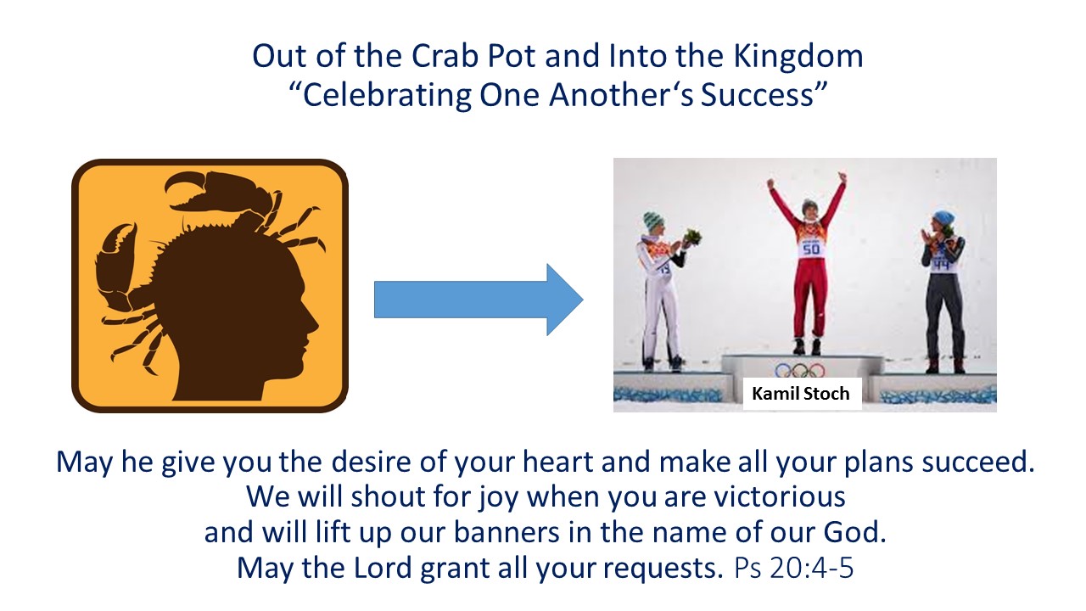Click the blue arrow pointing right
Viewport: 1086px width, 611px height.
click(x=479, y=300)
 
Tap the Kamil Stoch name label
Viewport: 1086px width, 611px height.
click(x=802, y=393)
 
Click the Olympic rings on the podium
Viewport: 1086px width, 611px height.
click(x=799, y=371)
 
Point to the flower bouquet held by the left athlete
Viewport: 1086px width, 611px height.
click(x=691, y=237)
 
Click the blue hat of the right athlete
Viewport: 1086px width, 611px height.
click(x=943, y=218)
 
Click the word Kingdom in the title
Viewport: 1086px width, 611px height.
click(x=798, y=57)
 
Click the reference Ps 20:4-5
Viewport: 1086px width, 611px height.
click(x=793, y=568)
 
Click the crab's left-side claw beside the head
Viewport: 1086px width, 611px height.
click(x=116, y=260)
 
